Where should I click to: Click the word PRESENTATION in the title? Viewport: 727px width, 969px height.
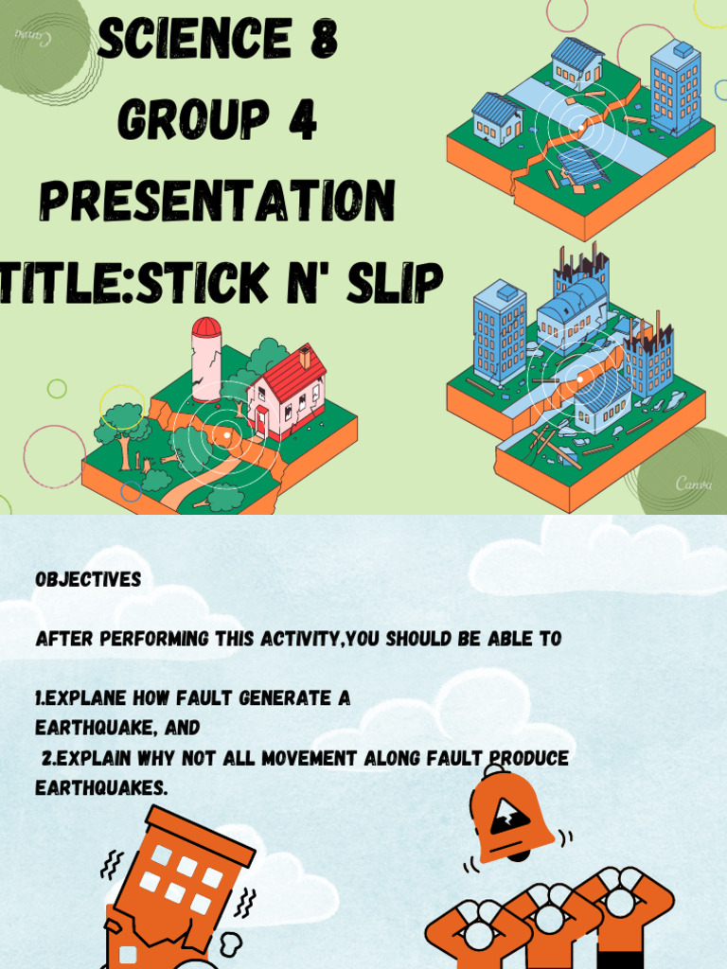coord(218,201)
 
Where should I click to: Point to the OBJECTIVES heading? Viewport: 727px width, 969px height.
coord(88,579)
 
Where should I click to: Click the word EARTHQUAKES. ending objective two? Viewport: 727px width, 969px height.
coord(101,787)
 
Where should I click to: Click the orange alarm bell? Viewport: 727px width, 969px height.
coord(511,816)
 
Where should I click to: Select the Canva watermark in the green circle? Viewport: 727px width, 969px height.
coord(693,484)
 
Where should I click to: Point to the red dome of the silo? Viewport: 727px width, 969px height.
coord(206,327)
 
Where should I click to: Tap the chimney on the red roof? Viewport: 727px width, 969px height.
coord(305,357)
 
